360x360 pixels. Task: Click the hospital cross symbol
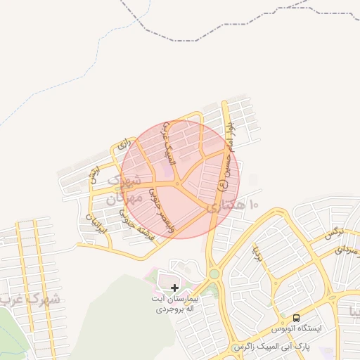point(174,288)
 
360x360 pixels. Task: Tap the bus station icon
point(297,317)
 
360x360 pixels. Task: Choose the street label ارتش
point(94,175)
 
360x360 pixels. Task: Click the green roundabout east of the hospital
point(214,274)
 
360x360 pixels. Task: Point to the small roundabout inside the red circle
point(179,185)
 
